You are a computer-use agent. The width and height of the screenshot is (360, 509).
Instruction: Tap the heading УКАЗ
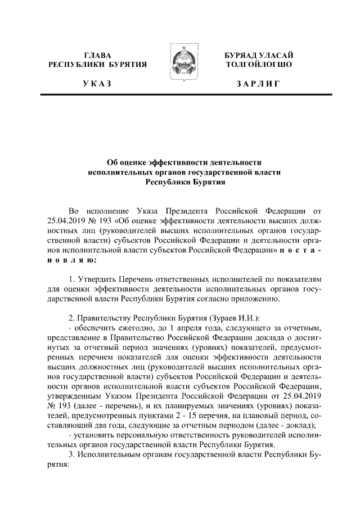97,84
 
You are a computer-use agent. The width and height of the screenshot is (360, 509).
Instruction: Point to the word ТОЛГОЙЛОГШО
258,65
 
